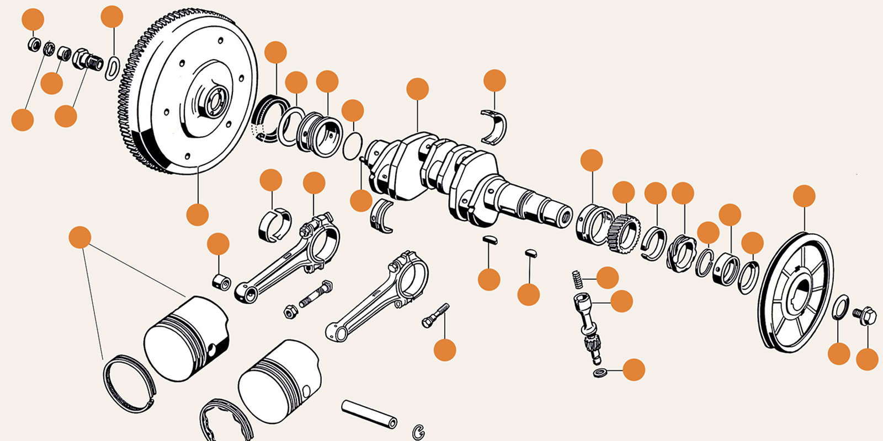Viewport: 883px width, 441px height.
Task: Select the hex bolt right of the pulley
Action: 864,315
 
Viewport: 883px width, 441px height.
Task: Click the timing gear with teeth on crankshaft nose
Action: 624,232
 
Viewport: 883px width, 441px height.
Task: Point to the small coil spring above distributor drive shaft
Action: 577,279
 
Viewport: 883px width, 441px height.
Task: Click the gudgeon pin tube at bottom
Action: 369,414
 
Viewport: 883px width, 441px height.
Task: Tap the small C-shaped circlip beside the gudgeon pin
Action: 418,431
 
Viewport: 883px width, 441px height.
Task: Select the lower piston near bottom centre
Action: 279,380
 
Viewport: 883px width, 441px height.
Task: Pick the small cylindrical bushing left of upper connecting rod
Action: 221,282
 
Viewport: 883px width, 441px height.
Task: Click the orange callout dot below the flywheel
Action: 198,214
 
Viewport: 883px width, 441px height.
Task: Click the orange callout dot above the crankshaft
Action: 417,89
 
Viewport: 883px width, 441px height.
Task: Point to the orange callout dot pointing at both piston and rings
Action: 80,238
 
